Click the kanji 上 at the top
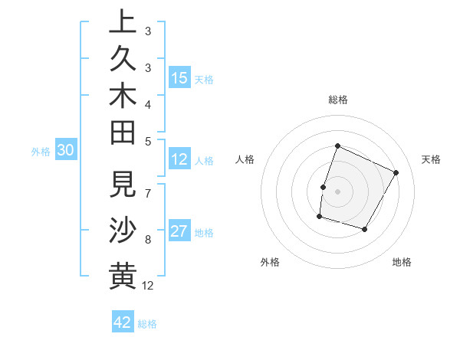(123, 22)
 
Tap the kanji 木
(123, 97)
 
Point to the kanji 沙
(123, 228)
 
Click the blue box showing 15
(179, 78)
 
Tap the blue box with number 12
(179, 160)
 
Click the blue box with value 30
(65, 151)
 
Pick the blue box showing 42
(123, 322)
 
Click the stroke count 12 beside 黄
(148, 286)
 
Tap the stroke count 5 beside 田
(148, 140)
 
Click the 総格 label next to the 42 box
(148, 324)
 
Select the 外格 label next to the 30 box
(41, 152)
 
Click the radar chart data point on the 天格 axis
(396, 172)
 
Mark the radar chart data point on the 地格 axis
(365, 229)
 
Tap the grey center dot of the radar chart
(337, 191)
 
